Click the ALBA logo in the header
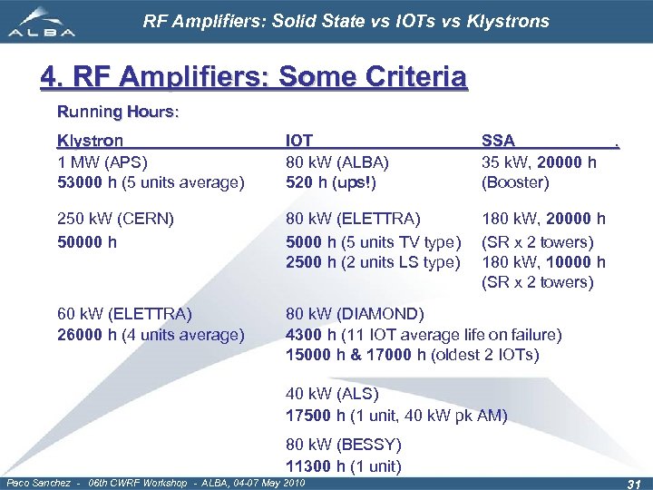(x=42, y=23)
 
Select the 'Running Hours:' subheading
(x=119, y=113)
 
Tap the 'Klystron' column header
(x=90, y=141)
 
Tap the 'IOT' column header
(x=299, y=141)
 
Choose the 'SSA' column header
(x=498, y=141)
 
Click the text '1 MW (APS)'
(x=101, y=162)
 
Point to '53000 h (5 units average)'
(x=151, y=182)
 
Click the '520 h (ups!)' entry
(x=331, y=182)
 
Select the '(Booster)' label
(x=515, y=182)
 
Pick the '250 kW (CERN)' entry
(x=115, y=219)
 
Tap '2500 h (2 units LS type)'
(x=373, y=262)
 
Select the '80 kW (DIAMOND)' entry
(x=355, y=314)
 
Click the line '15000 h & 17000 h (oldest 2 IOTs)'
(x=412, y=354)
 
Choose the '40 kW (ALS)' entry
(x=332, y=395)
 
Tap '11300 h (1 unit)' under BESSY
(x=343, y=466)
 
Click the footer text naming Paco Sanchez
(x=155, y=482)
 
